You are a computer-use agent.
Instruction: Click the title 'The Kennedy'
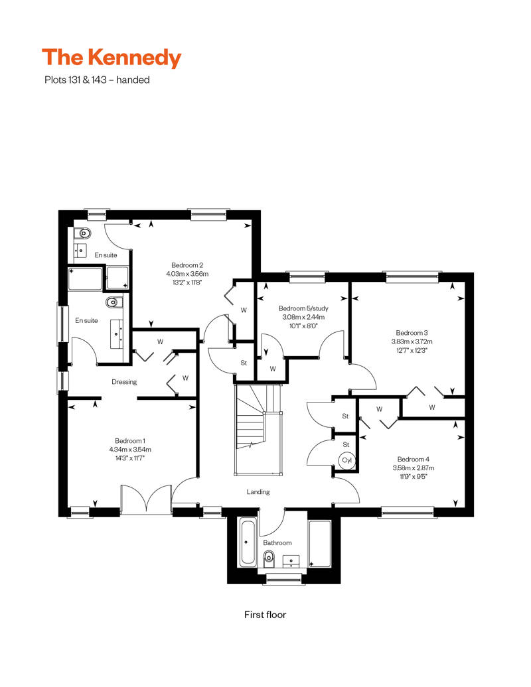pyautogui.click(x=112, y=58)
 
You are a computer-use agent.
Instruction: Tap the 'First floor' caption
pyautogui.click(x=265, y=615)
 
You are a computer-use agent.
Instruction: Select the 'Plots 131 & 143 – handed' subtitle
pyautogui.click(x=97, y=80)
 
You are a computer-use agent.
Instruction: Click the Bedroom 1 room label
pyautogui.click(x=130, y=441)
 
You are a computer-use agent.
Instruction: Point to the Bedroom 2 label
pyautogui.click(x=187, y=265)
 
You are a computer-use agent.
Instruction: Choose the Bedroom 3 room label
pyautogui.click(x=412, y=333)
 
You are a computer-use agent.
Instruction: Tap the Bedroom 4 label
pyautogui.click(x=414, y=459)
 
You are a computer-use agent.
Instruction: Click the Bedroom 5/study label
pyautogui.click(x=303, y=308)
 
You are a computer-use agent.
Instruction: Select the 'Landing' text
pyautogui.click(x=258, y=492)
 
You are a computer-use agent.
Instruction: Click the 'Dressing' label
pyautogui.click(x=124, y=382)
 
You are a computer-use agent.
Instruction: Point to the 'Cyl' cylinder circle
pyautogui.click(x=347, y=460)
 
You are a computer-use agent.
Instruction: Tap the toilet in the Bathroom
pyautogui.click(x=269, y=558)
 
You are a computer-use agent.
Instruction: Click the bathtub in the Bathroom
pyautogui.click(x=248, y=542)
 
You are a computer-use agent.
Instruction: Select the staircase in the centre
pyautogui.click(x=258, y=430)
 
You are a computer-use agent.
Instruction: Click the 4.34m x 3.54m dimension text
pyautogui.click(x=130, y=450)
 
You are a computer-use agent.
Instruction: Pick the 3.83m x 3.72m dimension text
pyautogui.click(x=412, y=342)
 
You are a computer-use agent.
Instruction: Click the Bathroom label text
pyautogui.click(x=277, y=543)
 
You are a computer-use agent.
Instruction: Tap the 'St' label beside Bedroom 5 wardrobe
pyautogui.click(x=244, y=363)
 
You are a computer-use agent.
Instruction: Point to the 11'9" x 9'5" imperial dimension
pyautogui.click(x=414, y=477)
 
